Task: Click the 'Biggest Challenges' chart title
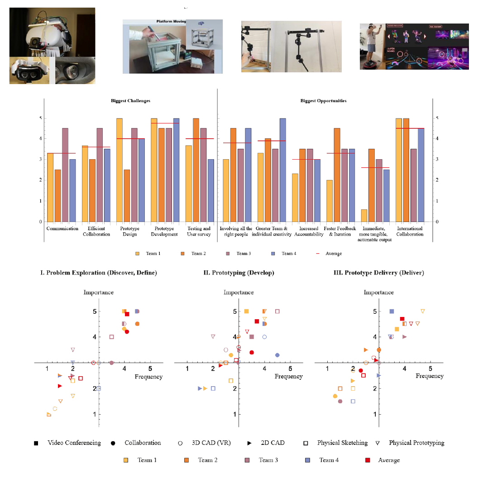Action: [x=130, y=101]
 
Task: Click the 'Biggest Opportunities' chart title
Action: [x=323, y=101]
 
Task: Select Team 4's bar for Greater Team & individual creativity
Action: [x=282, y=170]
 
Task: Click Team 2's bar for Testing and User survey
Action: [x=196, y=170]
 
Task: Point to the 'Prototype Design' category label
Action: [x=130, y=231]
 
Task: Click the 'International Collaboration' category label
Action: [x=410, y=231]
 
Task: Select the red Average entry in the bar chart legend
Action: [x=334, y=254]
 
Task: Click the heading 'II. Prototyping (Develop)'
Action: [x=239, y=273]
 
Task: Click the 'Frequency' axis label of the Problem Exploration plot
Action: [x=148, y=377]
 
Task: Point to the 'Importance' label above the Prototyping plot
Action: [x=239, y=293]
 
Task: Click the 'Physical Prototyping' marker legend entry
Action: [x=416, y=443]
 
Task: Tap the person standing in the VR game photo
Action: [x=371, y=43]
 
